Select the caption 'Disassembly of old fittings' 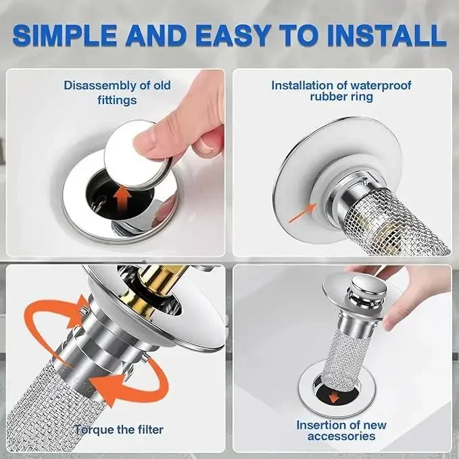117,93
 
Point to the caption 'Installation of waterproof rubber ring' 341,92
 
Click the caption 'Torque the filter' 119,429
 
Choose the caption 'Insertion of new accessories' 341,431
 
